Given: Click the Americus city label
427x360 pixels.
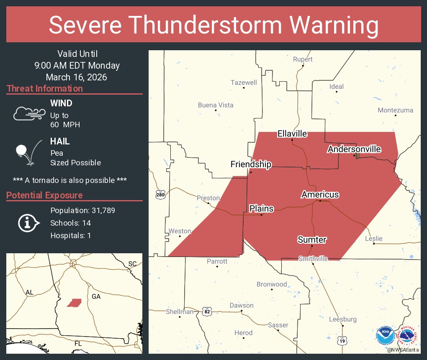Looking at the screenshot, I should point(320,195).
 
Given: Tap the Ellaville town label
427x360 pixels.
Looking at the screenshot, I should point(292,134).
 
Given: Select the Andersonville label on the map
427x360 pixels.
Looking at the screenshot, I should point(354,149).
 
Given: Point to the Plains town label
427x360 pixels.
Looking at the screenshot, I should point(261,208).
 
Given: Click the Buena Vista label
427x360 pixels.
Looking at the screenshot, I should point(216,105).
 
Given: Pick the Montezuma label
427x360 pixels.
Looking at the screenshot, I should point(395,110).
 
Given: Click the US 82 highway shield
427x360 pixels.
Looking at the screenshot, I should point(207,311).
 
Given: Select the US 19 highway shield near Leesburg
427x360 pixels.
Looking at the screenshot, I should point(342,342).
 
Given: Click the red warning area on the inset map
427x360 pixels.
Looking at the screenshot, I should point(74,303).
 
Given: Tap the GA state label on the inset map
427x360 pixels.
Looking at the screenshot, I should point(96,296).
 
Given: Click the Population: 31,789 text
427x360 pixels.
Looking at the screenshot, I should point(82,210).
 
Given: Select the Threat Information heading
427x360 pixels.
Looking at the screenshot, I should point(45,89).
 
